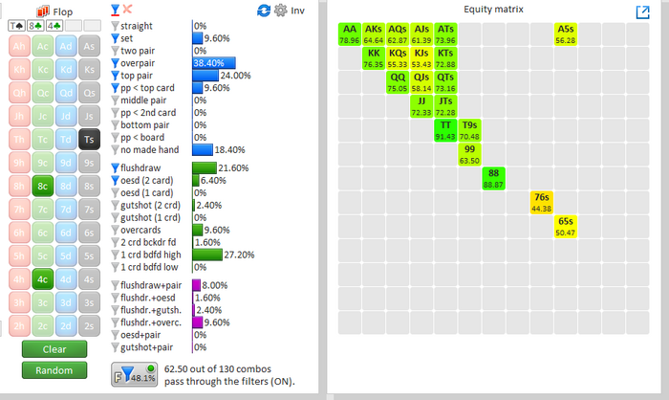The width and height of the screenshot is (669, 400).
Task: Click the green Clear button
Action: click(x=54, y=349)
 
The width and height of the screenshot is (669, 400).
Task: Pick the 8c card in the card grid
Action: click(x=42, y=186)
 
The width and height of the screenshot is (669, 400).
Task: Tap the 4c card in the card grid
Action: click(x=42, y=280)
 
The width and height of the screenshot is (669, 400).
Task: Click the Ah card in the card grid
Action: click(x=18, y=45)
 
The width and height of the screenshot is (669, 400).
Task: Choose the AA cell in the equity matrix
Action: click(x=349, y=34)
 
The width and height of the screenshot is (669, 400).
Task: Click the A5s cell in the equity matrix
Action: click(x=565, y=34)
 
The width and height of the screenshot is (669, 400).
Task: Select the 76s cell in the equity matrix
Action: click(x=541, y=202)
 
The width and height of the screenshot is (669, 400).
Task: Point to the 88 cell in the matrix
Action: click(x=493, y=178)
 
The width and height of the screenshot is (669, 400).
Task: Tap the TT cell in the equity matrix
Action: click(x=445, y=130)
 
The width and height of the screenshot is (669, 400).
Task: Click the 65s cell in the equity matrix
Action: click(x=565, y=226)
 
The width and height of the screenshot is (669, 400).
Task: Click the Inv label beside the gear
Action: click(x=297, y=11)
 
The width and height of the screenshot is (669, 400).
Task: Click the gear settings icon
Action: click(x=280, y=11)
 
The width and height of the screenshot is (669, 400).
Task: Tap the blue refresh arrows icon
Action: click(x=265, y=11)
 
